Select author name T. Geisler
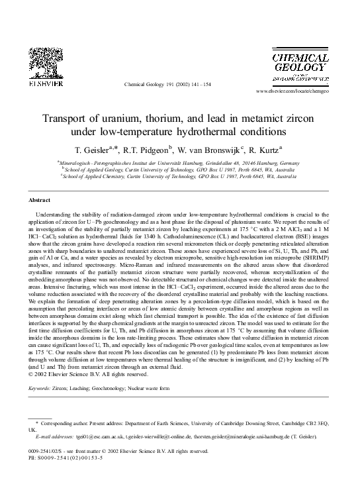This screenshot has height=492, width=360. [101, 149]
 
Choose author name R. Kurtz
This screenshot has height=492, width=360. [271, 149]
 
